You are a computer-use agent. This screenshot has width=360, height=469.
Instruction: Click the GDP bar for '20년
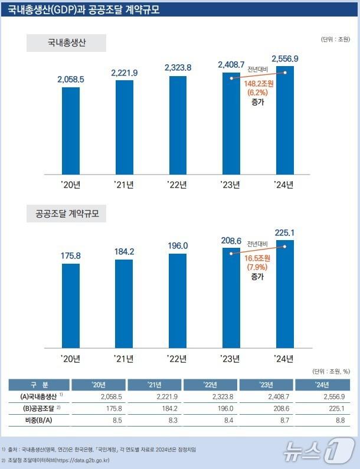click(71, 130)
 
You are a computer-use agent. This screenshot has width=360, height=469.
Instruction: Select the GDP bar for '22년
click(178, 125)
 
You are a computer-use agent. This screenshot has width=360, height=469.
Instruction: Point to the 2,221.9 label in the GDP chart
click(125, 73)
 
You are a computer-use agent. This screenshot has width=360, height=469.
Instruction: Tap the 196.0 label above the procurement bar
click(178, 245)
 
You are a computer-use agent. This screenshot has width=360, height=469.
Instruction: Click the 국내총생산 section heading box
click(66, 43)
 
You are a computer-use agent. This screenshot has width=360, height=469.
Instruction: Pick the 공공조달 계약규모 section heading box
click(66, 214)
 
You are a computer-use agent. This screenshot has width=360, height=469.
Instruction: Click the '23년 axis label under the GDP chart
click(231, 185)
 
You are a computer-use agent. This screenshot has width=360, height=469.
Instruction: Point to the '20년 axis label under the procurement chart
click(71, 358)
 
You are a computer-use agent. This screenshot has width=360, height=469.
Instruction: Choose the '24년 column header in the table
click(321, 385)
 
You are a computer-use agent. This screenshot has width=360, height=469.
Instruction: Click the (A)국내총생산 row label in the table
click(39, 396)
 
